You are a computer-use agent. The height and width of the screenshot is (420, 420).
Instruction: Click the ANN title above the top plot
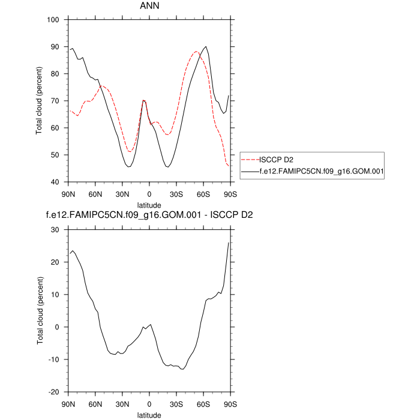click(x=149, y=8)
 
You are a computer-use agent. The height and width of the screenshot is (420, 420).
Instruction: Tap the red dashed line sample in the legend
click(x=249, y=160)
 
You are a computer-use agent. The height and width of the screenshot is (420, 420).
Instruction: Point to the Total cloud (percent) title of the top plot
click(x=40, y=101)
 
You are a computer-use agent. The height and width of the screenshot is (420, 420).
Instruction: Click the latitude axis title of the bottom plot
click(x=149, y=414)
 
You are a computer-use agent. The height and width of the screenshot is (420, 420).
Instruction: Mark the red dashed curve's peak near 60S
click(x=196, y=52)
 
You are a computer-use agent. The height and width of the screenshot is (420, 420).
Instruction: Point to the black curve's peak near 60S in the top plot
click(x=206, y=46)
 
